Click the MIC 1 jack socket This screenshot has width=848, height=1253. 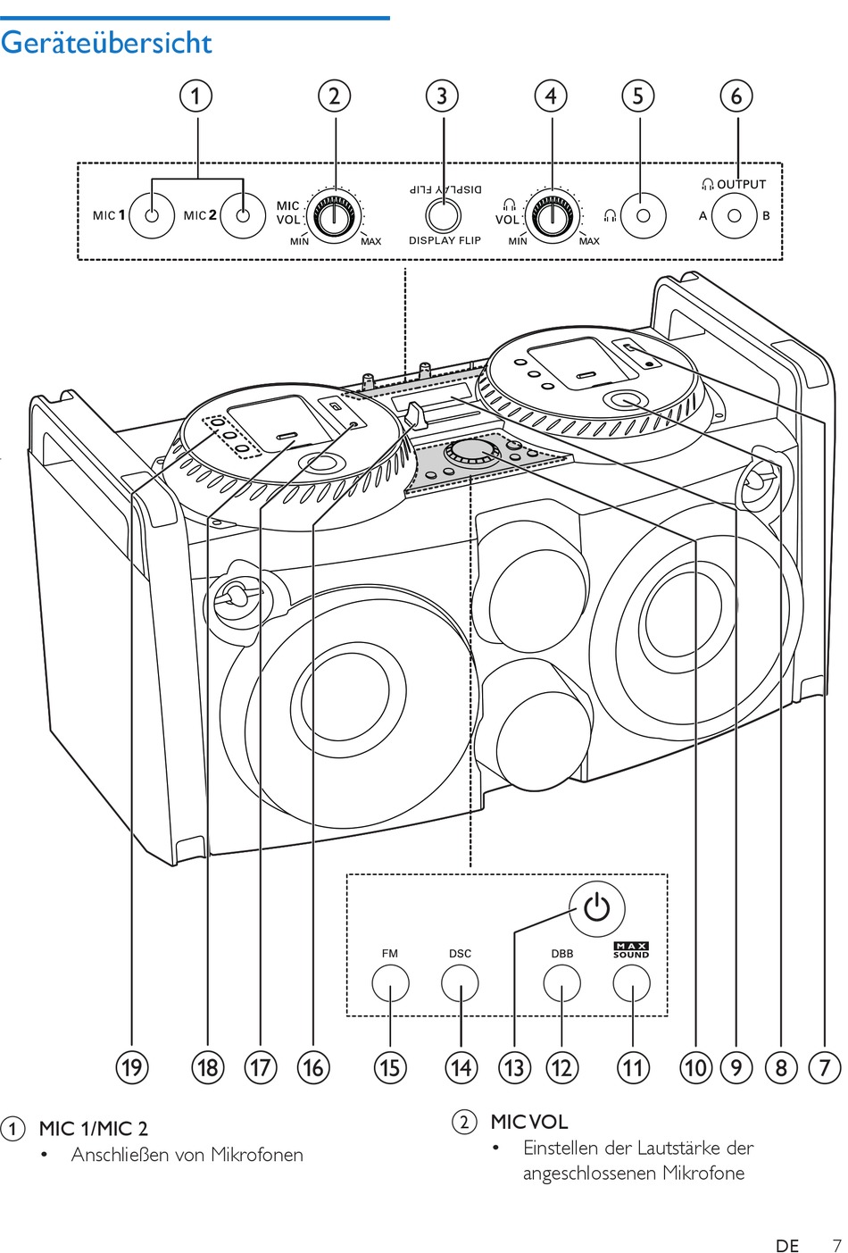152,215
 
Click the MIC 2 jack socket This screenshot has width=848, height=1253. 243,215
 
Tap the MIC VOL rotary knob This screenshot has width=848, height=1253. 335,214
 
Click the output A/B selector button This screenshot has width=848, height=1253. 735,215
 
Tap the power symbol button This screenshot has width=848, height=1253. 596,909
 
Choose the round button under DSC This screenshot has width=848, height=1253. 460,984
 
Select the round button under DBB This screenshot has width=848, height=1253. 561,984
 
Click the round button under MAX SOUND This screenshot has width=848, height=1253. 632,984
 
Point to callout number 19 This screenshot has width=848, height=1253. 132,1067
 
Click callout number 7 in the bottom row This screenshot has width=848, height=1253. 825,1067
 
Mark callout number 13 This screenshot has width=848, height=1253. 514,1067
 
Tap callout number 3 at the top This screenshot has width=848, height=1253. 442,96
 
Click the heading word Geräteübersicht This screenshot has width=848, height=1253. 106,43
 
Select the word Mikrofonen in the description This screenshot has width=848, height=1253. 257,1155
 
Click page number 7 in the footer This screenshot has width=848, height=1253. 836,1245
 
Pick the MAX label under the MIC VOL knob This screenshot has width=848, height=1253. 370,242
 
